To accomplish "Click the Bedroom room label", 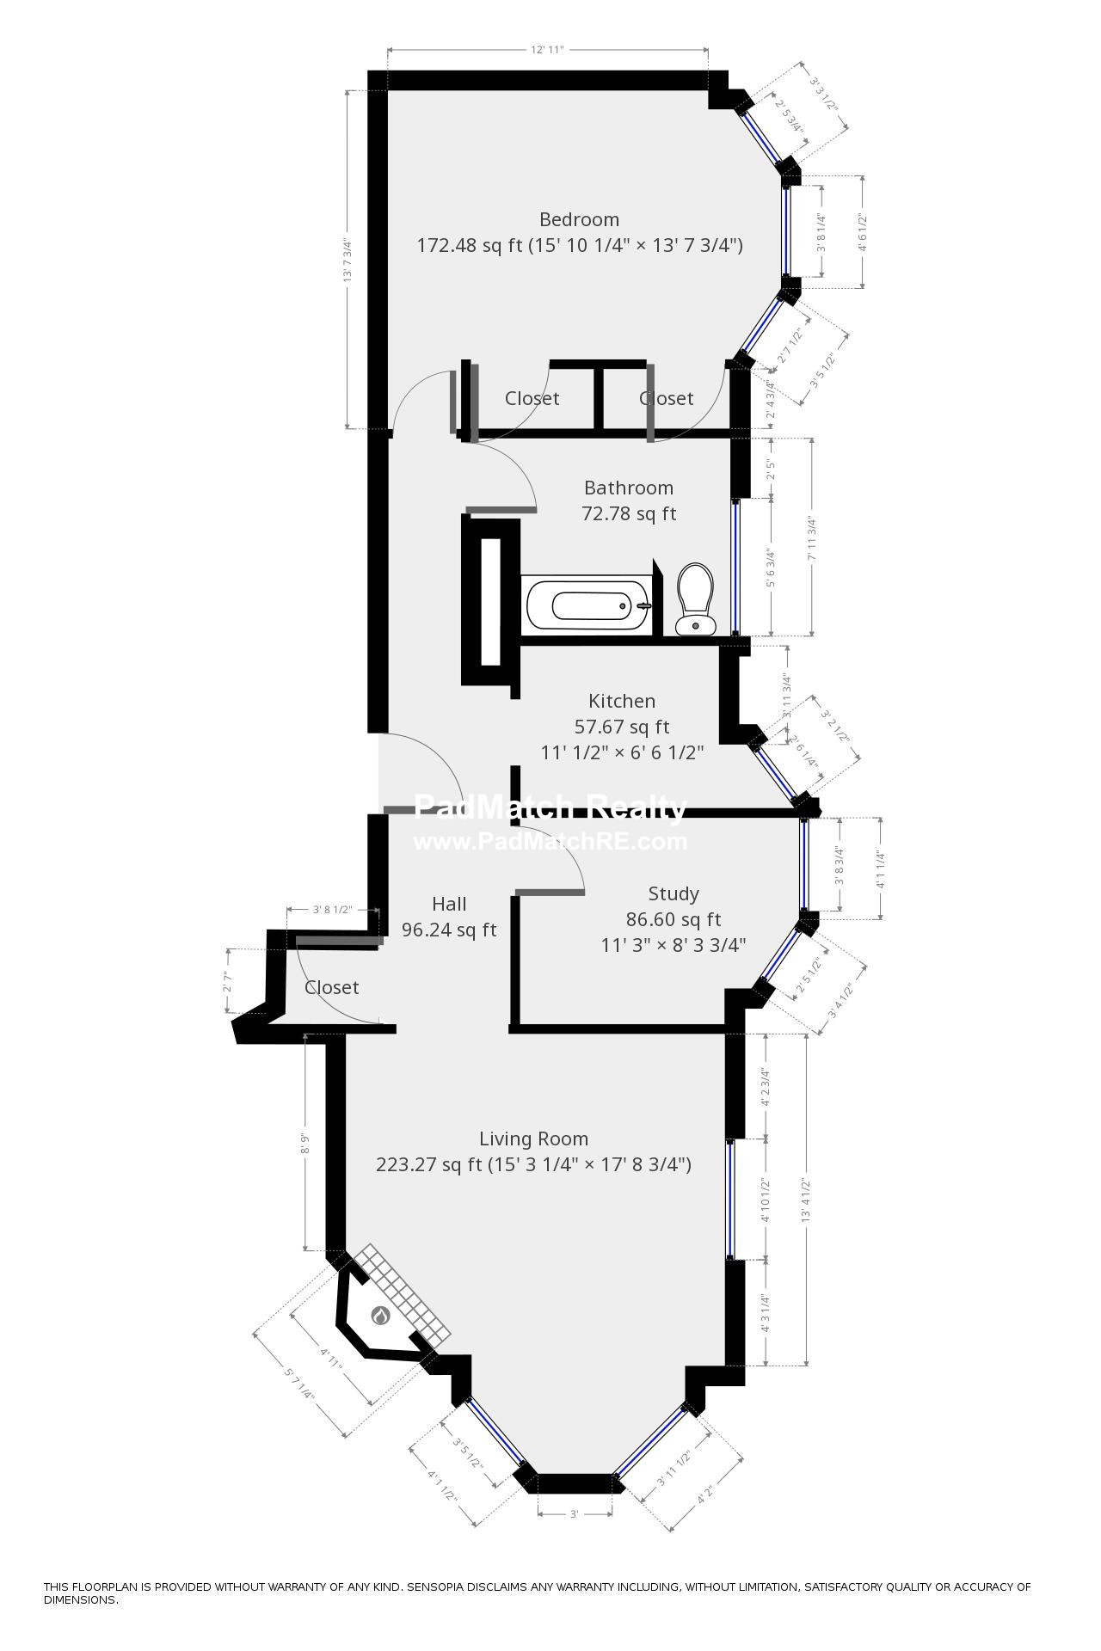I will (x=579, y=219).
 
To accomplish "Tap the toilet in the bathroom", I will (x=694, y=598).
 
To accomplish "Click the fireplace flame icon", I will (x=380, y=1315).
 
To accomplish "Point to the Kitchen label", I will (x=621, y=701).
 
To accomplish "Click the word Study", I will (x=673, y=893).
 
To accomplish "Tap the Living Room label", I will (x=533, y=1139).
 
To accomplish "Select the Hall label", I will (x=449, y=904).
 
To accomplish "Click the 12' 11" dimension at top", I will (x=546, y=50).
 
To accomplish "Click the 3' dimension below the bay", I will (x=575, y=1537).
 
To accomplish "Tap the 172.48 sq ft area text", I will (x=470, y=246).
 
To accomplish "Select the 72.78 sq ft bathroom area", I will (x=629, y=514).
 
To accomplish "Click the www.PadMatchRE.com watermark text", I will (x=550, y=842).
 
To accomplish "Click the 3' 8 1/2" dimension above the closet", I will (x=332, y=909).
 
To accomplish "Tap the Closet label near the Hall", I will (x=331, y=987).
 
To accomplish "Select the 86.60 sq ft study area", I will (x=673, y=919).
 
